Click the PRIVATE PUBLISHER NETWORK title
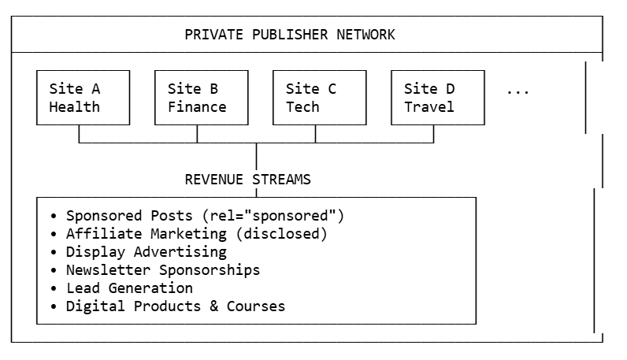[290, 35]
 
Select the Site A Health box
[83, 98]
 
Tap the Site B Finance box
[201, 98]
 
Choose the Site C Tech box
[319, 98]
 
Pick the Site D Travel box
[437, 98]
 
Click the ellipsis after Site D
[518, 91]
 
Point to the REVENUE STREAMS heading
[247, 180]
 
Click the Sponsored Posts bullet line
[205, 216]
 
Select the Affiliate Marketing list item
[196, 234]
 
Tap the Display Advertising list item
[147, 252]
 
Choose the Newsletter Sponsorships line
[163, 270]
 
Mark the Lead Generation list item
[129, 288]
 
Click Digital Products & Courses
[176, 306]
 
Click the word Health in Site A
[75, 107]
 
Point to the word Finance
[197, 107]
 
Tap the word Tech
[302, 107]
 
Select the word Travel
[429, 107]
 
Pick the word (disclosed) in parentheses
[285, 234]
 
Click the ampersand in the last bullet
[213, 306]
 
